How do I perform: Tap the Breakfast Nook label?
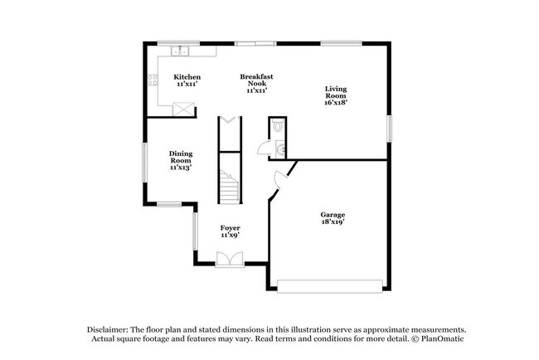256,82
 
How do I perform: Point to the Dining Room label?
180,159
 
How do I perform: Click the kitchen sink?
181,51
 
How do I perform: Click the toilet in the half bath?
278,127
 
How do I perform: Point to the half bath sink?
281,149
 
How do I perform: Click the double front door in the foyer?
226,260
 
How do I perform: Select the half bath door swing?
264,148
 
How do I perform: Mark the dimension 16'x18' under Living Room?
336,103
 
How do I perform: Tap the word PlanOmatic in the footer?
443,338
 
